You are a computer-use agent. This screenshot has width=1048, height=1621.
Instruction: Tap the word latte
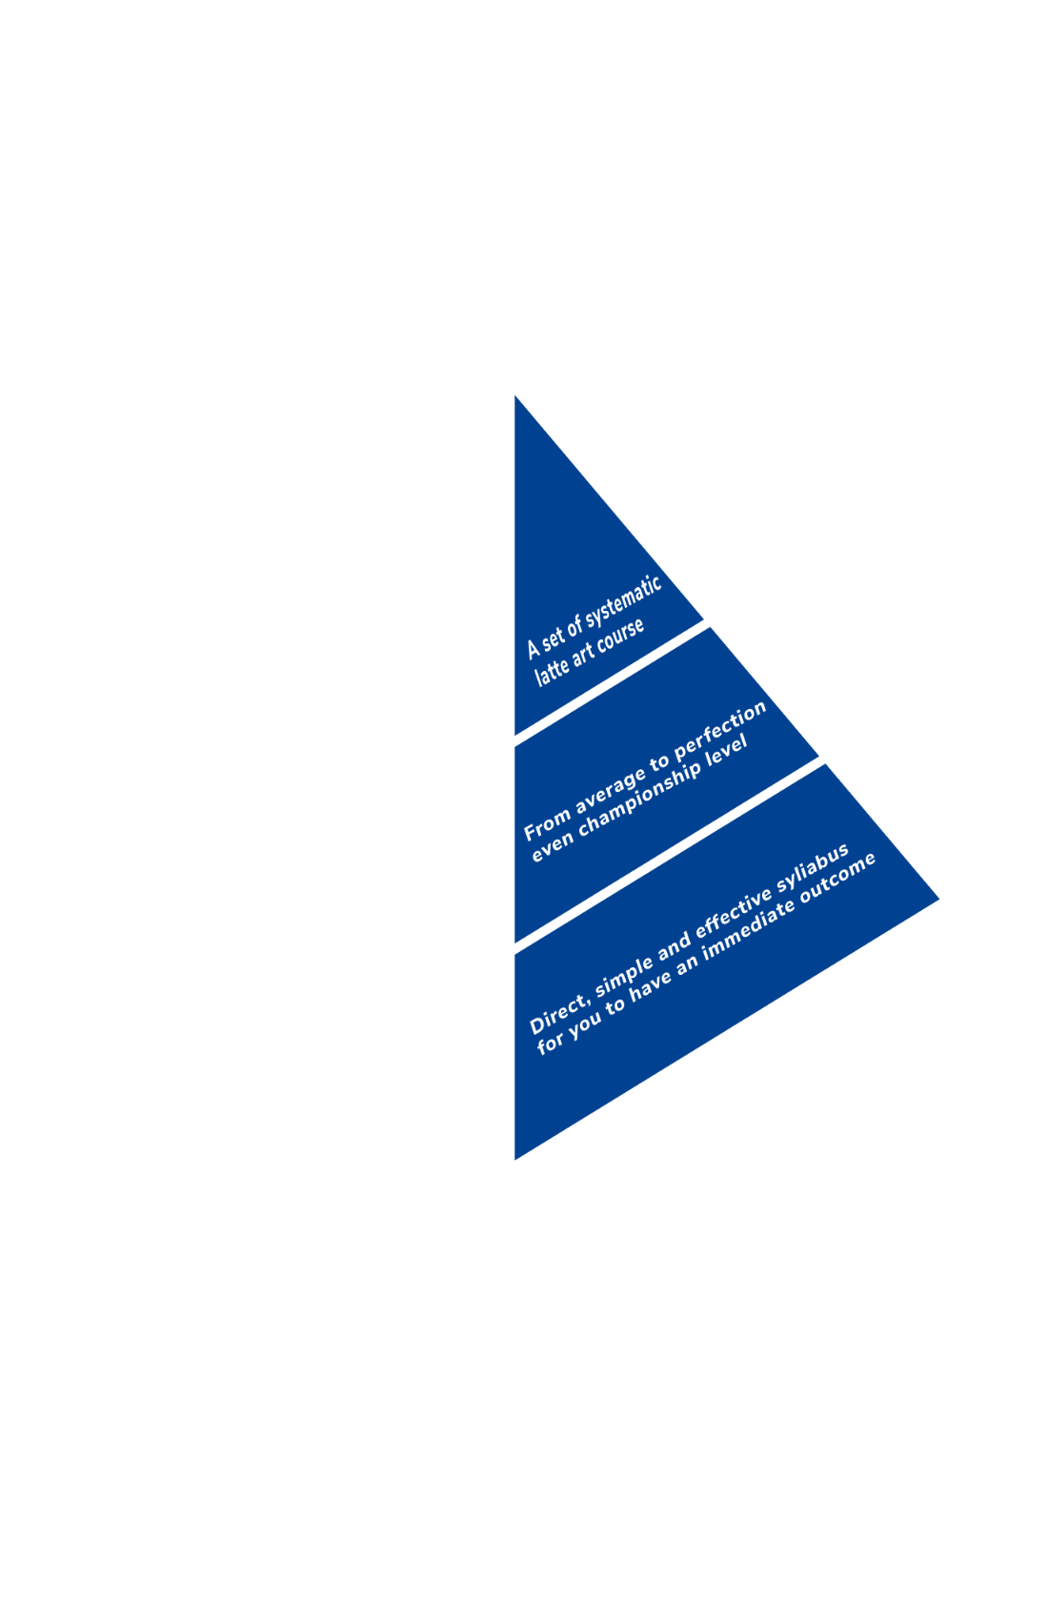[x=552, y=671]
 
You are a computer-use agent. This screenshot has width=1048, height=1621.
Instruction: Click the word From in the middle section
[x=547, y=825]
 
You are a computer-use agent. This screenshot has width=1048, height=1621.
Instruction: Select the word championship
[x=639, y=797]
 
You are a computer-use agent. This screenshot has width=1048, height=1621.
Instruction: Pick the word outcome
[x=836, y=879]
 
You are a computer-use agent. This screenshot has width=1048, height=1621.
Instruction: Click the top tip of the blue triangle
[x=515, y=395]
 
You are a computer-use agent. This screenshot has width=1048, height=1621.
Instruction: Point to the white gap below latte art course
[x=611, y=682]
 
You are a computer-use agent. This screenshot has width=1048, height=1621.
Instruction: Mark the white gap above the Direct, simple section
[x=669, y=855]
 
